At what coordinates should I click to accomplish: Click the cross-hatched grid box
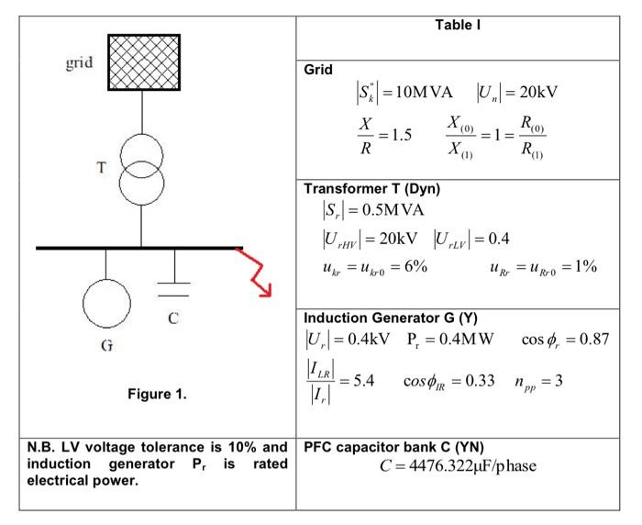click(x=144, y=61)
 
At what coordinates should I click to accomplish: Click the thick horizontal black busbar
click(x=138, y=248)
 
